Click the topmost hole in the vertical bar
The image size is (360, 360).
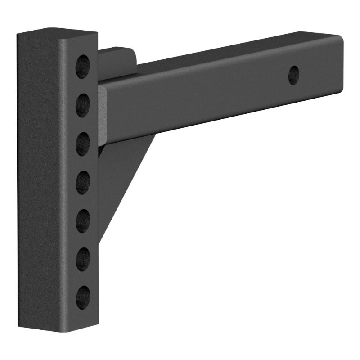click(x=82, y=66)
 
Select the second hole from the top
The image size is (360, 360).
click(x=82, y=105)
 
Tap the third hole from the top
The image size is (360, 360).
click(x=82, y=144)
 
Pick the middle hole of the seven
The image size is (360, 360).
click(x=82, y=182)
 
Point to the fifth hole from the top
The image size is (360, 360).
click(x=82, y=221)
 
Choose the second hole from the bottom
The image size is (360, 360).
click(x=82, y=259)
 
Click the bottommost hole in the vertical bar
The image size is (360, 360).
click(x=82, y=297)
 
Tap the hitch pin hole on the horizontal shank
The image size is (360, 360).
click(x=293, y=75)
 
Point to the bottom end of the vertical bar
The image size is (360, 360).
click(x=58, y=328)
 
